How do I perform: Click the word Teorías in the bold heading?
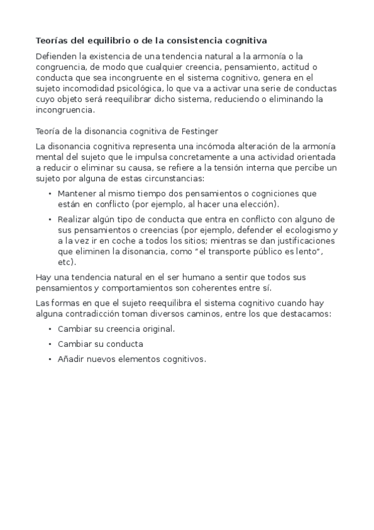(x=52, y=41)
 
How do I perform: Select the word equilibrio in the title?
(x=109, y=41)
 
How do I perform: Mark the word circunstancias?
(x=167, y=179)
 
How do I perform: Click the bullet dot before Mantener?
(x=50, y=194)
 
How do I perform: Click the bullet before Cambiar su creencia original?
(x=50, y=329)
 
